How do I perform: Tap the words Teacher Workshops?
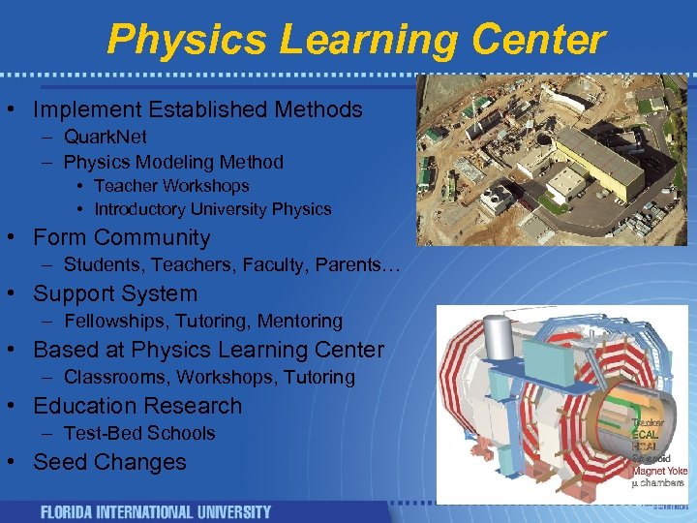point(171,185)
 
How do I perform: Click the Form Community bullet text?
point(121,237)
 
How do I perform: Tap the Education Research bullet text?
point(137,406)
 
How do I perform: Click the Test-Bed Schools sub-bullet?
point(139,433)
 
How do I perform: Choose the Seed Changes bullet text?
point(109,462)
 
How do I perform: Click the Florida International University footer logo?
point(155,511)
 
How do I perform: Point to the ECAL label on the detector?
point(644,435)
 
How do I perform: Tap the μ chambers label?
point(657,482)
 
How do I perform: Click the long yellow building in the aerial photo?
point(600,160)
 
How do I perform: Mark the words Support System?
point(115,293)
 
